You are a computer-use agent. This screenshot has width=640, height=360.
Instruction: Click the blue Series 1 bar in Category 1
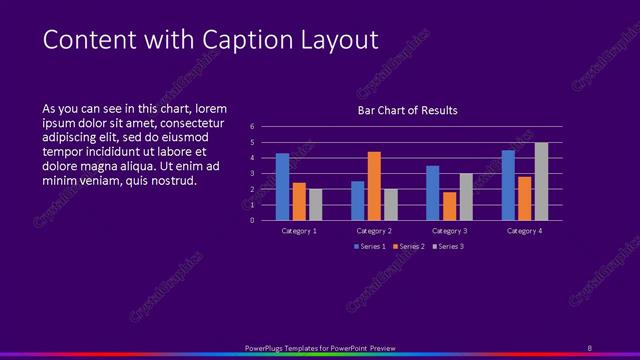coord(282,187)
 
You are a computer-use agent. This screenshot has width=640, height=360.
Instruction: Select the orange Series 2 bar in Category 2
coord(374,186)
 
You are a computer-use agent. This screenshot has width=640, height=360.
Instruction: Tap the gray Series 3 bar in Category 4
coord(541,181)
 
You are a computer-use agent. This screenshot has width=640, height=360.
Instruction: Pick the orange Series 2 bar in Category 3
coord(449,206)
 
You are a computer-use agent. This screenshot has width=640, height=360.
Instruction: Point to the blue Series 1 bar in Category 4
coord(508,185)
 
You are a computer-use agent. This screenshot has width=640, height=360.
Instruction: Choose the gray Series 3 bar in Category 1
coord(315,204)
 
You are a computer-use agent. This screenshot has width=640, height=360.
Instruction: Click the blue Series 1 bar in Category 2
coord(357,200)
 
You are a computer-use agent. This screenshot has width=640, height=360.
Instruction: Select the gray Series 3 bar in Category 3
coord(466,197)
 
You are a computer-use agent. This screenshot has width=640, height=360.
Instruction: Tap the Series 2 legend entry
coord(409,246)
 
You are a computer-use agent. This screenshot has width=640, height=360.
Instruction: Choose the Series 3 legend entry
coord(447,246)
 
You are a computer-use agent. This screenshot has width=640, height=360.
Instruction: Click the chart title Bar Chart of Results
coord(407,111)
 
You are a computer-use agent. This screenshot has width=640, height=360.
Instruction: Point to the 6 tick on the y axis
coord(252,127)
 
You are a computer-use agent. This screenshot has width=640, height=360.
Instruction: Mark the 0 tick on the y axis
coord(252,220)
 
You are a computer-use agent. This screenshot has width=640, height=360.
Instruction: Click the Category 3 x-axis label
coord(449,231)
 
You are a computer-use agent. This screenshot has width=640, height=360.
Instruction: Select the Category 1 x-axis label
coord(299,231)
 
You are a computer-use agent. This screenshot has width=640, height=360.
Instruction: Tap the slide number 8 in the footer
coord(589,348)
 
